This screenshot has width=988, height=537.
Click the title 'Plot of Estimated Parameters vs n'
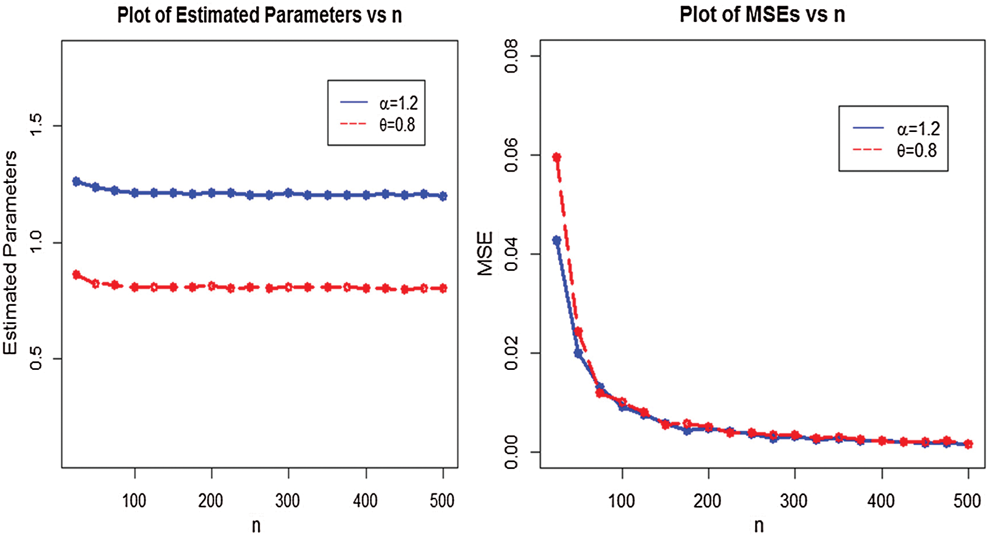pos(260,15)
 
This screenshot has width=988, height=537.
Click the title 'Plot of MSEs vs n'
pos(762,15)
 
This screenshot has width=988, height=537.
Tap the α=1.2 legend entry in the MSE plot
pos(896,129)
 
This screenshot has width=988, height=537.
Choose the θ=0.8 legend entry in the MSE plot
pos(896,151)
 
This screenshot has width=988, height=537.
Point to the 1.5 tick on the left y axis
pos(36,125)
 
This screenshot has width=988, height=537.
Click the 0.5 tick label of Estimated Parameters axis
pos(36,359)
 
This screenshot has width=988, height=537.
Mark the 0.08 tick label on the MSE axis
pos(511,56)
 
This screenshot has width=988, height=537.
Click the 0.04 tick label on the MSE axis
pos(511,254)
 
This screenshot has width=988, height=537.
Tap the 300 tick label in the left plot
pos(288,501)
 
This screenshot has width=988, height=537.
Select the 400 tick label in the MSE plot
pos(881,501)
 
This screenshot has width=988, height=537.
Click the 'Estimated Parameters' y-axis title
pos(10,253)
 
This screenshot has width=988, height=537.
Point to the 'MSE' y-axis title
pos(485,253)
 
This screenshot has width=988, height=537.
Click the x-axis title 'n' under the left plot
pos(256,526)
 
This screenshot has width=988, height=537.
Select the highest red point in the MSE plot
pos(557,157)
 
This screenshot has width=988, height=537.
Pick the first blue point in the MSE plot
pos(557,241)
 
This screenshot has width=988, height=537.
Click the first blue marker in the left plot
pos(77,181)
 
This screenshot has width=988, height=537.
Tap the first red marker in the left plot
pos(77,275)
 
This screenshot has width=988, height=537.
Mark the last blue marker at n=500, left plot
pos(443,196)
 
